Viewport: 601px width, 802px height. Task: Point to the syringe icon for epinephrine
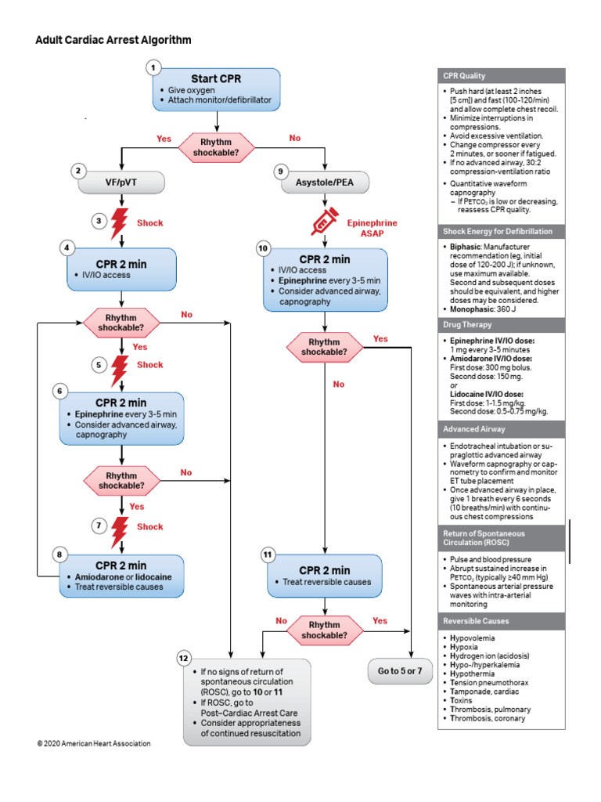tap(324, 222)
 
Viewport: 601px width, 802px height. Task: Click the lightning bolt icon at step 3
tap(120, 223)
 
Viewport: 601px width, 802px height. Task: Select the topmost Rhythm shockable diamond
tap(216, 147)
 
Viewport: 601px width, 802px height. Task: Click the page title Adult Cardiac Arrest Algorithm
tap(113, 39)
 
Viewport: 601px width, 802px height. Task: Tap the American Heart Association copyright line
tap(93, 743)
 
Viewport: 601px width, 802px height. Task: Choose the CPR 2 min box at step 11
tap(324, 576)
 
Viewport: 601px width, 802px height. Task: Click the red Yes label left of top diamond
tap(164, 139)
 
